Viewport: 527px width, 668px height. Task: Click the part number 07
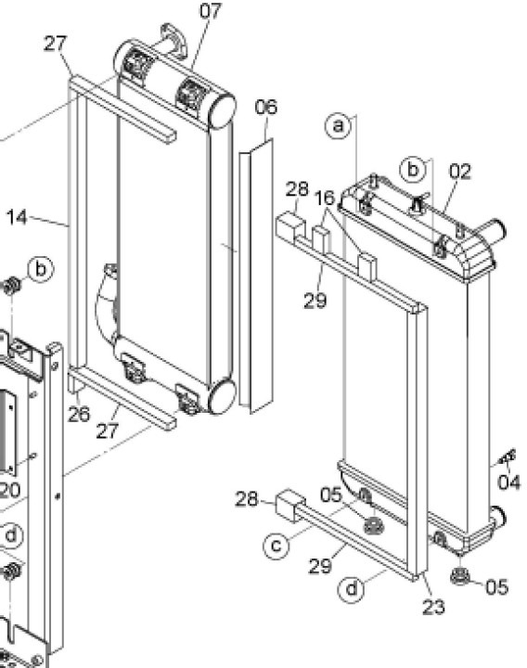point(211,11)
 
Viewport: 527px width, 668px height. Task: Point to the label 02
point(460,172)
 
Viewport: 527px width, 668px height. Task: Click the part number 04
point(509,482)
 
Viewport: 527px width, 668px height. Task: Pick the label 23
point(433,608)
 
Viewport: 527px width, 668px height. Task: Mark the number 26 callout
point(79,414)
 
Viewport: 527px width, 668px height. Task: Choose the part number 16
point(324,199)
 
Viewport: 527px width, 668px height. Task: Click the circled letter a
point(340,124)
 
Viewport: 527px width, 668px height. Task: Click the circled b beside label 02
point(414,169)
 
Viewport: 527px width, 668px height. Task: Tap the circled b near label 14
point(41,269)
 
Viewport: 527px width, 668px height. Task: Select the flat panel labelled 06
point(255,278)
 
